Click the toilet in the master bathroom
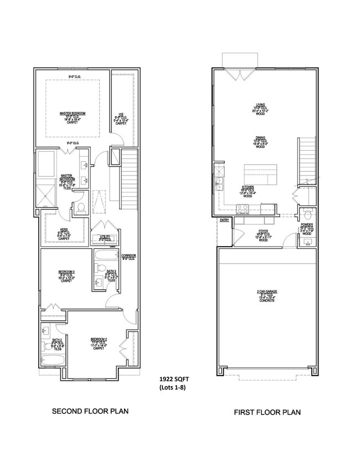coord(80,208)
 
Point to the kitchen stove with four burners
coord(243,208)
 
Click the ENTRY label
coord(224,221)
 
